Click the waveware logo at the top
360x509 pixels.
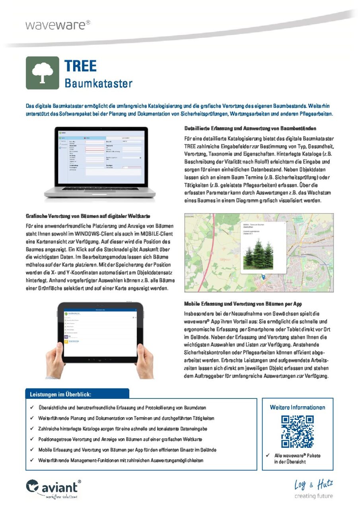[58, 25]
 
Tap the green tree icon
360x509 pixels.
[42, 73]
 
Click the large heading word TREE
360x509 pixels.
[81, 66]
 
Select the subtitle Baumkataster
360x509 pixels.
[98, 84]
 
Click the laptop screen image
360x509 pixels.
[102, 159]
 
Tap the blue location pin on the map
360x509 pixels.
[263, 277]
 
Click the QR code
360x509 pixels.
[297, 431]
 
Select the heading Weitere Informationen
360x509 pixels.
[297, 407]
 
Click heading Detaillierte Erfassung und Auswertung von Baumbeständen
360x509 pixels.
[250, 128]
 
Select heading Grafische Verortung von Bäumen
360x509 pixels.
[88, 216]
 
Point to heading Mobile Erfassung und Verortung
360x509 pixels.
[243, 304]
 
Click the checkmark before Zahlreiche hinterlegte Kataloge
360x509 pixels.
[32, 429]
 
